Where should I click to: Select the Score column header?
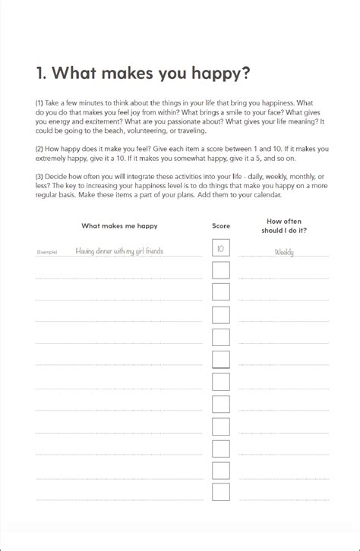pyautogui.click(x=221, y=225)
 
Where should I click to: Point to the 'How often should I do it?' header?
pyautogui.click(x=283, y=225)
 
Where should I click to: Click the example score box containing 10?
pyautogui.click(x=221, y=248)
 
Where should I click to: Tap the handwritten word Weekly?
pyautogui.click(x=284, y=252)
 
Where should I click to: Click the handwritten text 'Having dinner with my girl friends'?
pyautogui.click(x=119, y=251)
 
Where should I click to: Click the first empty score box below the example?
pyautogui.click(x=221, y=270)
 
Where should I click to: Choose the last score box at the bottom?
pyautogui.click(x=221, y=493)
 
